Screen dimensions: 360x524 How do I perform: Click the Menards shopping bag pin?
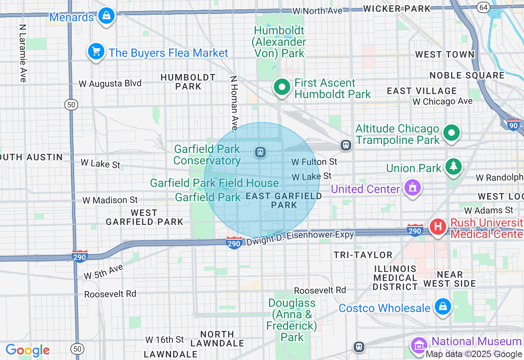tap(106, 16)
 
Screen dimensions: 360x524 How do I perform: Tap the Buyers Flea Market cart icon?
tap(96, 52)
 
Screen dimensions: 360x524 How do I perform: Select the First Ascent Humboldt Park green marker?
tap(282, 87)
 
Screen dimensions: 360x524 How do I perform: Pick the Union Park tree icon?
tap(453, 166)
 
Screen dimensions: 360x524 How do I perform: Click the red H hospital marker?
tap(438, 226)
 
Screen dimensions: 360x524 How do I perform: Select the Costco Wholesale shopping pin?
tap(443, 307)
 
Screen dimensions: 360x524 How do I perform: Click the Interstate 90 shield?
tap(513, 124)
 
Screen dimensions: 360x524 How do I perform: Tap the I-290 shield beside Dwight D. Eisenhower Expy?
tap(234, 243)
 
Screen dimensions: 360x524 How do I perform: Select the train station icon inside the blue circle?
tap(260, 153)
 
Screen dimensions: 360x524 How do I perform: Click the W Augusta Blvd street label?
tap(110, 83)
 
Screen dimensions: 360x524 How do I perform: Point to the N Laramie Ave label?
tap(22, 53)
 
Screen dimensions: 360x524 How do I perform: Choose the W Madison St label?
tap(110, 200)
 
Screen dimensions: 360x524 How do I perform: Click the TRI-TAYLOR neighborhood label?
tap(363, 255)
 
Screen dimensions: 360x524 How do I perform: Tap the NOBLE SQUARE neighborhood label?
tap(467, 75)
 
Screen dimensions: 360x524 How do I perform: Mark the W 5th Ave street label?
tap(103, 272)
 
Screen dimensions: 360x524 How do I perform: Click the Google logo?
tap(27, 351)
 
